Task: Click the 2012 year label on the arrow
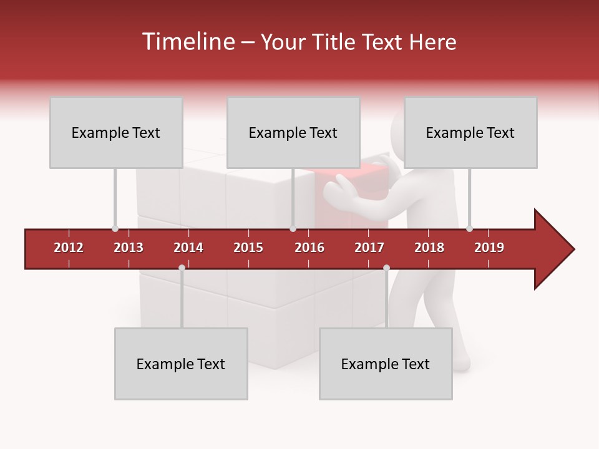[x=69, y=248]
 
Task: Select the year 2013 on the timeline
[x=129, y=248]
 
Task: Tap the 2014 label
[x=188, y=248]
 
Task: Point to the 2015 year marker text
[x=248, y=248]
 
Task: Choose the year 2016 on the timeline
[x=309, y=248]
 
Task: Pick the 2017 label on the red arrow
[x=369, y=248]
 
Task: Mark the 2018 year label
[x=429, y=248]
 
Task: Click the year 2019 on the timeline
[x=489, y=248]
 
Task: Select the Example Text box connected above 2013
[x=116, y=132]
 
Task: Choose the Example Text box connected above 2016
[x=293, y=132]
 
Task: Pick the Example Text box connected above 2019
[x=470, y=132]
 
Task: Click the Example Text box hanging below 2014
[x=181, y=364]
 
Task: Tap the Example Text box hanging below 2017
[x=386, y=364]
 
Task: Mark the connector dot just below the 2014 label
[x=182, y=268]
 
